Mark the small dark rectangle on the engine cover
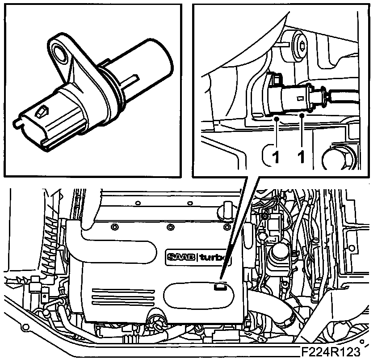click(x=219, y=287)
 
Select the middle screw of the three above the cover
click(x=170, y=227)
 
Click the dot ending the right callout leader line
click(x=302, y=116)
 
